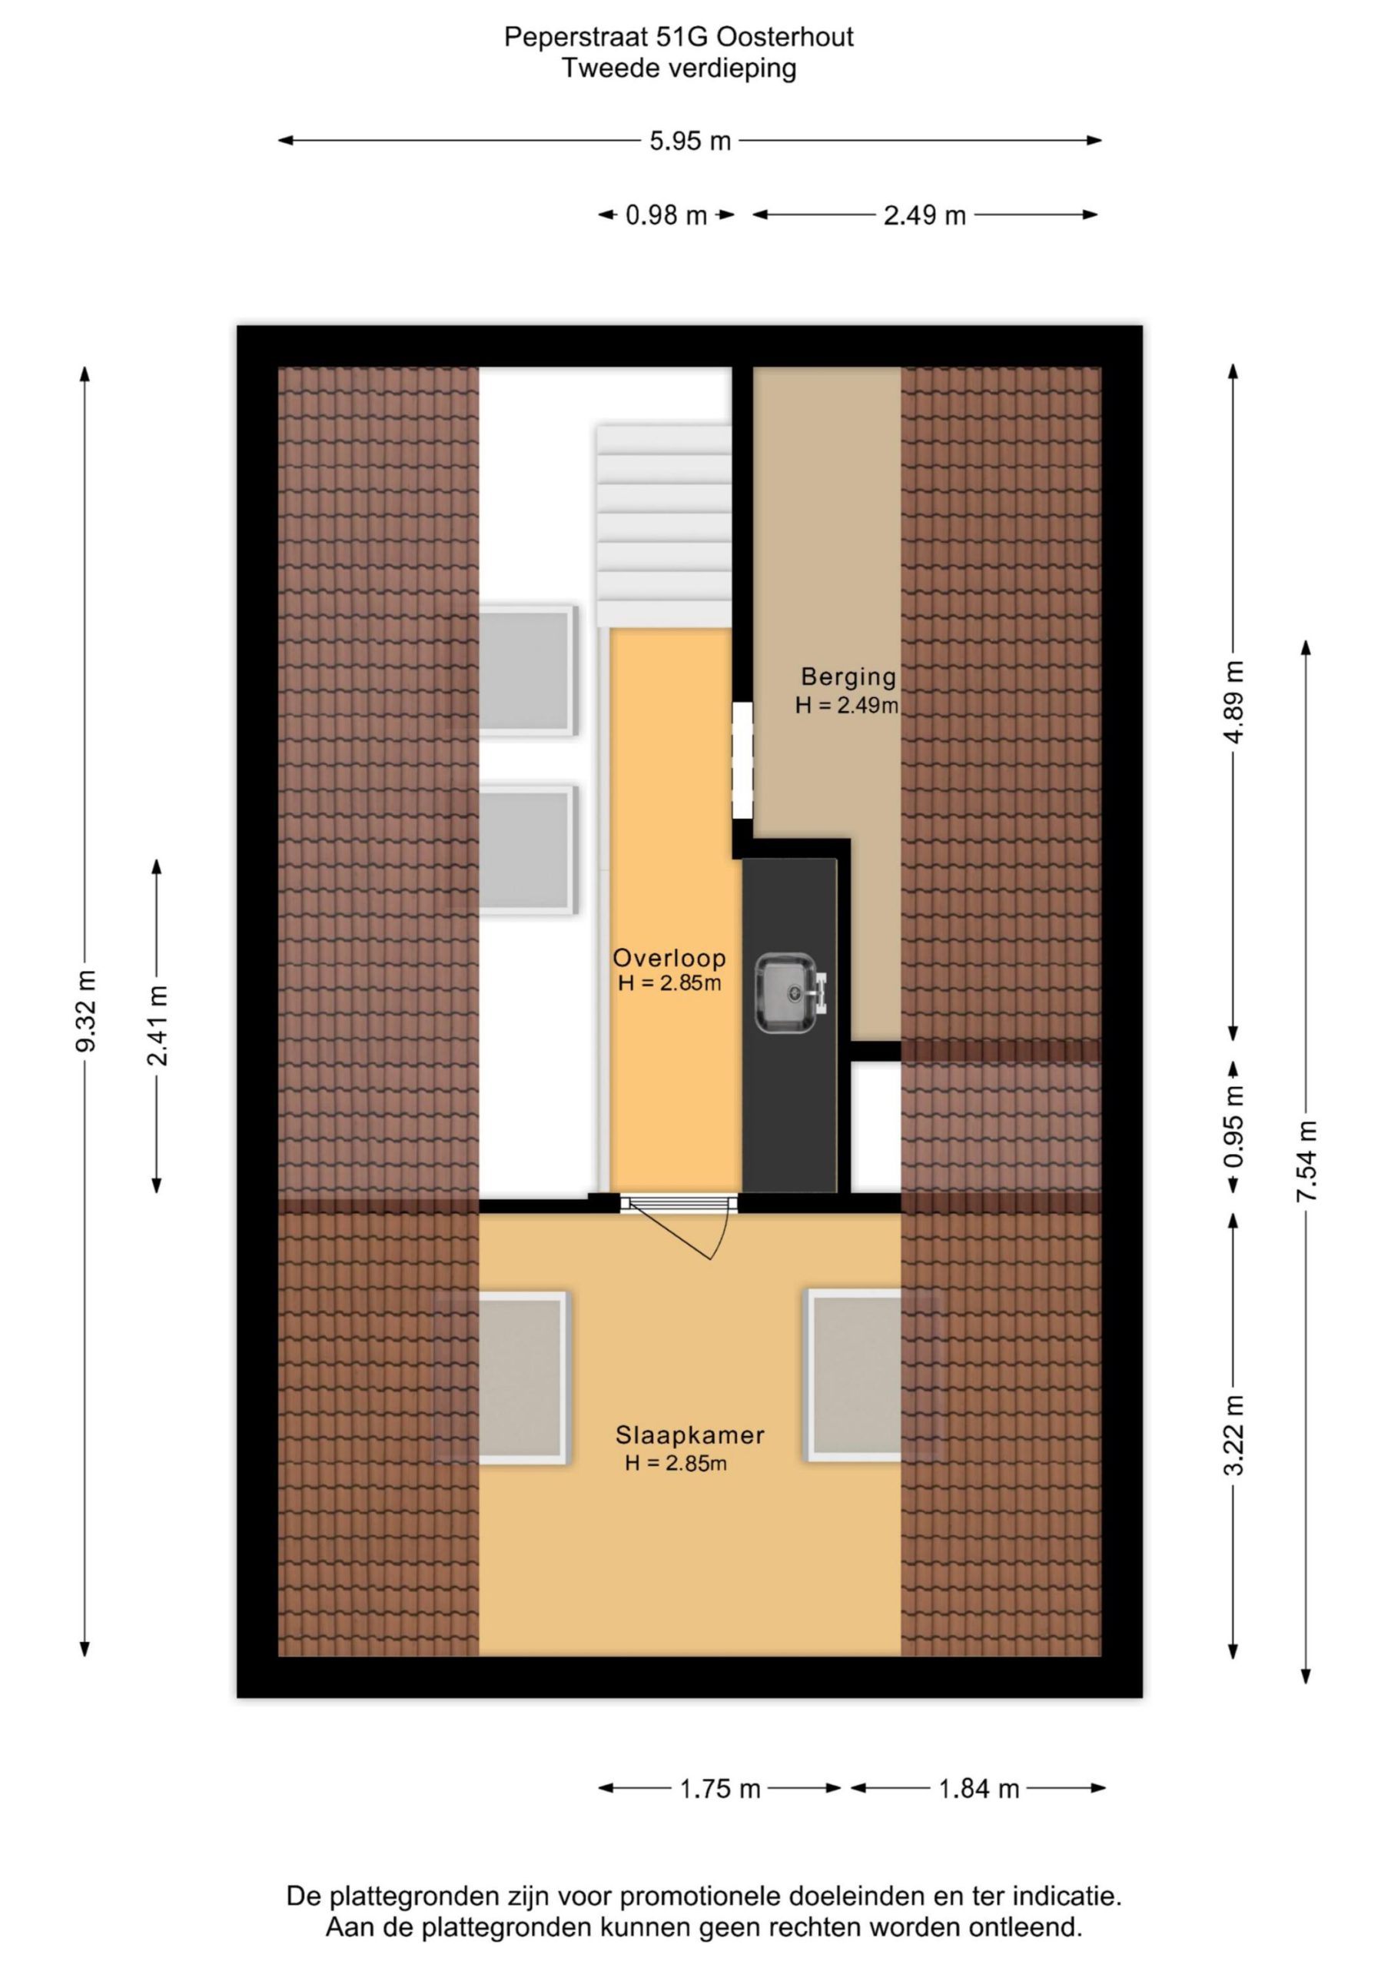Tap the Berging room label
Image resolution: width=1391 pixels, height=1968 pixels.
[848, 677]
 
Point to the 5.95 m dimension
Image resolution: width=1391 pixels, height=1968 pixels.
[690, 141]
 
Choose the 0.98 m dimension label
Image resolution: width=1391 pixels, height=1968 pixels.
[666, 215]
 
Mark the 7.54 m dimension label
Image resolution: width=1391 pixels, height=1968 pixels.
[1307, 1162]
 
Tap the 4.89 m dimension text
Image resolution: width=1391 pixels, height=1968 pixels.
[1234, 703]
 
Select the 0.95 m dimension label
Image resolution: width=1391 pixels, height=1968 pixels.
[1234, 1126]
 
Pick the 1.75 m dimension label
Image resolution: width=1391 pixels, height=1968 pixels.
[720, 1789]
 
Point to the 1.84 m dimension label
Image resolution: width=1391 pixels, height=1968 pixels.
[979, 1789]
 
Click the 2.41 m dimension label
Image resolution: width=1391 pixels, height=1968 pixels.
[158, 1026]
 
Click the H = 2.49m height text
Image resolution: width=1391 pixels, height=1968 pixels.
[847, 706]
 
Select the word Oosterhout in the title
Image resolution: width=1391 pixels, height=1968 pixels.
[785, 38]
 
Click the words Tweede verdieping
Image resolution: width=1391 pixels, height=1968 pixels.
[679, 68]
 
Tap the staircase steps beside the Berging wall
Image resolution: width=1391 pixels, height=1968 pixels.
[664, 527]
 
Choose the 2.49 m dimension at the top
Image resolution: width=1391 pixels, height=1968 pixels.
[925, 215]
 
